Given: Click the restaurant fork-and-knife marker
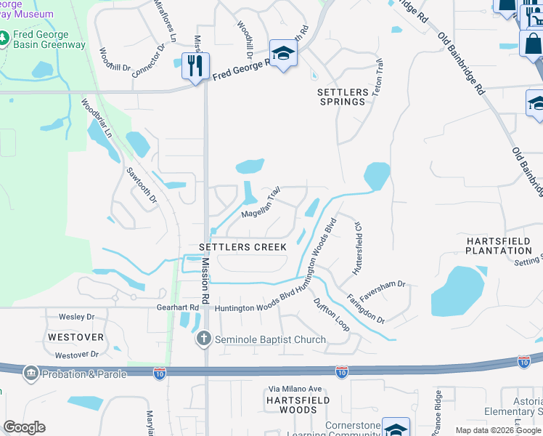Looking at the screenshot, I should coord(195,65).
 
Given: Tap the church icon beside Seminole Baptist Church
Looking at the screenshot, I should coord(204,339).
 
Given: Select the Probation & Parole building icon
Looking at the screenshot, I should coord(30,374).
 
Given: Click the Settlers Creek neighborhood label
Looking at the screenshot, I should coord(243,247).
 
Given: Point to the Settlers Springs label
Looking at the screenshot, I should coord(341,97).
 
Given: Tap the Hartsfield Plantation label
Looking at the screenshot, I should coord(499,245).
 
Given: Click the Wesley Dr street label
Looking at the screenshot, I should coord(76,317).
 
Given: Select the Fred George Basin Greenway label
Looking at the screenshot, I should coord(49,40).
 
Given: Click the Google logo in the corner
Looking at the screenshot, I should coord(24,427).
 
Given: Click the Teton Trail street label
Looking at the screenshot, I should coord(377,80).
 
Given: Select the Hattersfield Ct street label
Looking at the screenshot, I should coord(357,249).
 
